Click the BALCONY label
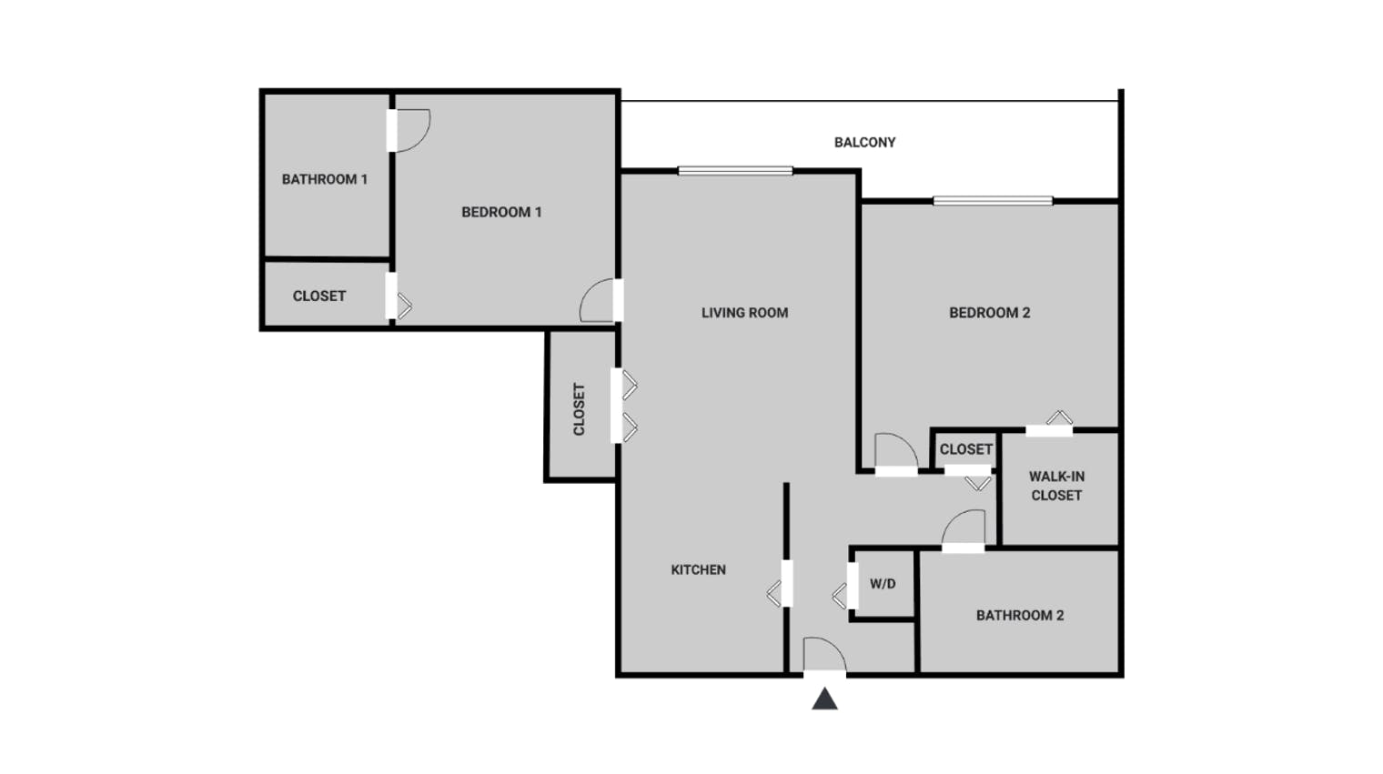point(864,143)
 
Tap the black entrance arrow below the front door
point(824,699)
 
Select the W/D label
point(883,584)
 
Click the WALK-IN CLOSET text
point(1056,486)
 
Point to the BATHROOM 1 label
point(325,179)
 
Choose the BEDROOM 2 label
point(990,313)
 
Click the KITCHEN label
point(698,569)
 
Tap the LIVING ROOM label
point(744,313)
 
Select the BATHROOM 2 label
point(1020,616)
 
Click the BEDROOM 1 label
point(501,212)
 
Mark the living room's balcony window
point(735,171)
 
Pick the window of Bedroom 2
point(993,201)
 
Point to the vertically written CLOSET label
point(579,409)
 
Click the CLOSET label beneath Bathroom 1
point(319,297)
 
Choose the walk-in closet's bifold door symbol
point(1059,417)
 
